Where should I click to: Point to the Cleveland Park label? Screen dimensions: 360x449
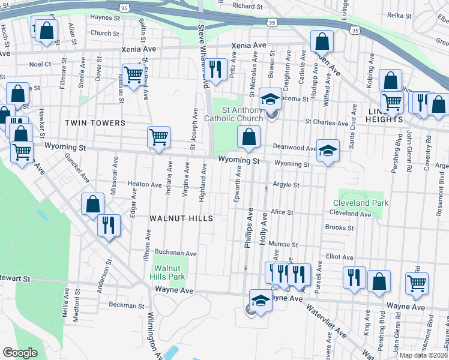[x=361, y=203]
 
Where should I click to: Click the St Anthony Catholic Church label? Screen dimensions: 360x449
[x=243, y=114]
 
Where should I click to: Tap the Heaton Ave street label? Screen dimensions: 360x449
[x=145, y=185]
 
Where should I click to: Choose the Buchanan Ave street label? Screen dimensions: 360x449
[x=176, y=253]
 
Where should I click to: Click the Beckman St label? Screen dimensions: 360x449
[x=127, y=305]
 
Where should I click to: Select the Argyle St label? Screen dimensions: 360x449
[x=286, y=185]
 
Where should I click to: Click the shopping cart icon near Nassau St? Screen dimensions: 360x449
[x=133, y=74]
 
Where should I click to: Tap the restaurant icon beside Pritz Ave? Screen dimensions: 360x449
[x=216, y=68]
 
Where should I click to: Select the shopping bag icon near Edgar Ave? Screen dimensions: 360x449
[x=93, y=204]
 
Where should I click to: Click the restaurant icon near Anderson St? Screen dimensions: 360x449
[x=109, y=225]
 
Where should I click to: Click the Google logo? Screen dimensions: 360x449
[x=20, y=353]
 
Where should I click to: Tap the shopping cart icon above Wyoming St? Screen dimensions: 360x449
[x=158, y=137]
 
